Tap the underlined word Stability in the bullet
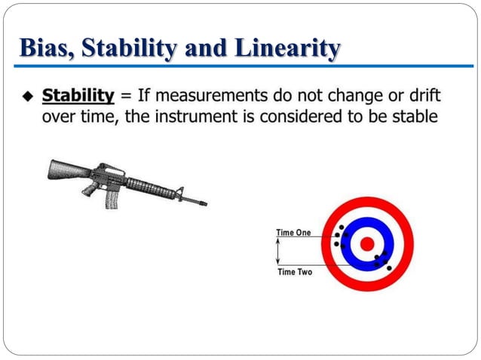[x=78, y=96]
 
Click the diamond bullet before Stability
[x=29, y=96]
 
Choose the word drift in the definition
[x=424, y=96]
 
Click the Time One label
[x=293, y=233]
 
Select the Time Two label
[x=294, y=271]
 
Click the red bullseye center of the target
[x=366, y=244]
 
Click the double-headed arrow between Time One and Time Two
[x=277, y=252]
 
